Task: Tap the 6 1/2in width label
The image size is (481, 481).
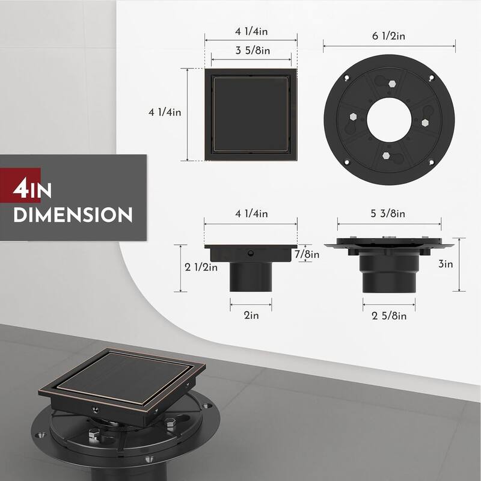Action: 389,36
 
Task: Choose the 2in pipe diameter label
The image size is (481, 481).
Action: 251,314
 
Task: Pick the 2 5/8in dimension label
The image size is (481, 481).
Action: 389,316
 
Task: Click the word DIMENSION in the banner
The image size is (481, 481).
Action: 73,215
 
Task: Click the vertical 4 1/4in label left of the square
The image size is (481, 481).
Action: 165,112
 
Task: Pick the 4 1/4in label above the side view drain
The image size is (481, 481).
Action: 251,213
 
